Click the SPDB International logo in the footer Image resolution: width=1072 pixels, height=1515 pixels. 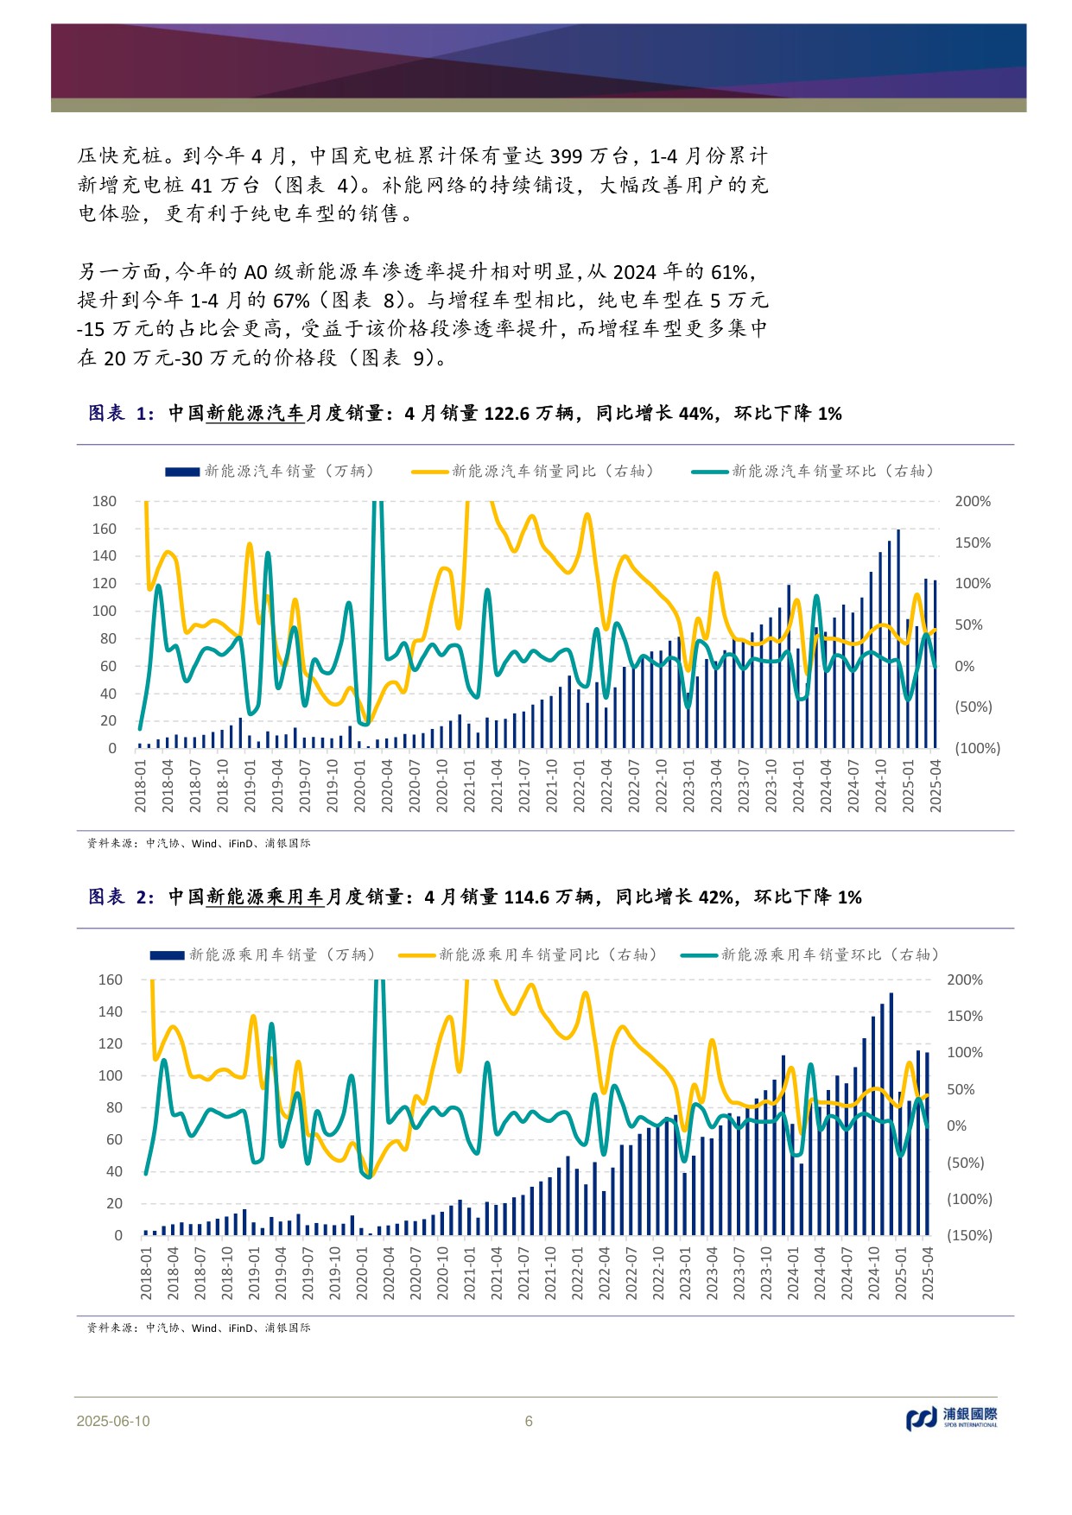pyautogui.click(x=951, y=1418)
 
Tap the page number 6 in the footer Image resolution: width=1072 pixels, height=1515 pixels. pyautogui.click(x=529, y=1422)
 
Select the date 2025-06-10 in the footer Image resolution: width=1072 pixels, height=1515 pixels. pyautogui.click(x=113, y=1422)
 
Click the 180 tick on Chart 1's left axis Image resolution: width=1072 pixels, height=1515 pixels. pyautogui.click(x=104, y=501)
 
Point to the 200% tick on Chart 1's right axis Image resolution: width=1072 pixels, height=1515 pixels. pyautogui.click(x=972, y=501)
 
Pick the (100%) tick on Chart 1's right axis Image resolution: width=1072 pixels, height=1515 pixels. pyautogui.click(x=977, y=748)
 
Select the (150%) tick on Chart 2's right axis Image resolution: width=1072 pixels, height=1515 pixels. pyautogui.click(x=969, y=1235)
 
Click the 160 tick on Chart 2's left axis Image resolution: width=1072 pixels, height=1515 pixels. pyautogui.click(x=111, y=979)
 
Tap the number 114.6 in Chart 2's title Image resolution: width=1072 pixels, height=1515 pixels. pyautogui.click(x=526, y=897)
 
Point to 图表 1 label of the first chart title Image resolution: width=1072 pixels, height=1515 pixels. pyautogui.click(x=121, y=414)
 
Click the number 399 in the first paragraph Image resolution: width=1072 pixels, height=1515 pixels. pyautogui.click(x=566, y=156)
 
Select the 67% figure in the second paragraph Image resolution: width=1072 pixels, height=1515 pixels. pyautogui.click(x=291, y=301)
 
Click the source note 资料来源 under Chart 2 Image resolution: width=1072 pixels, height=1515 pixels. pyautogui.click(x=108, y=1328)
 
